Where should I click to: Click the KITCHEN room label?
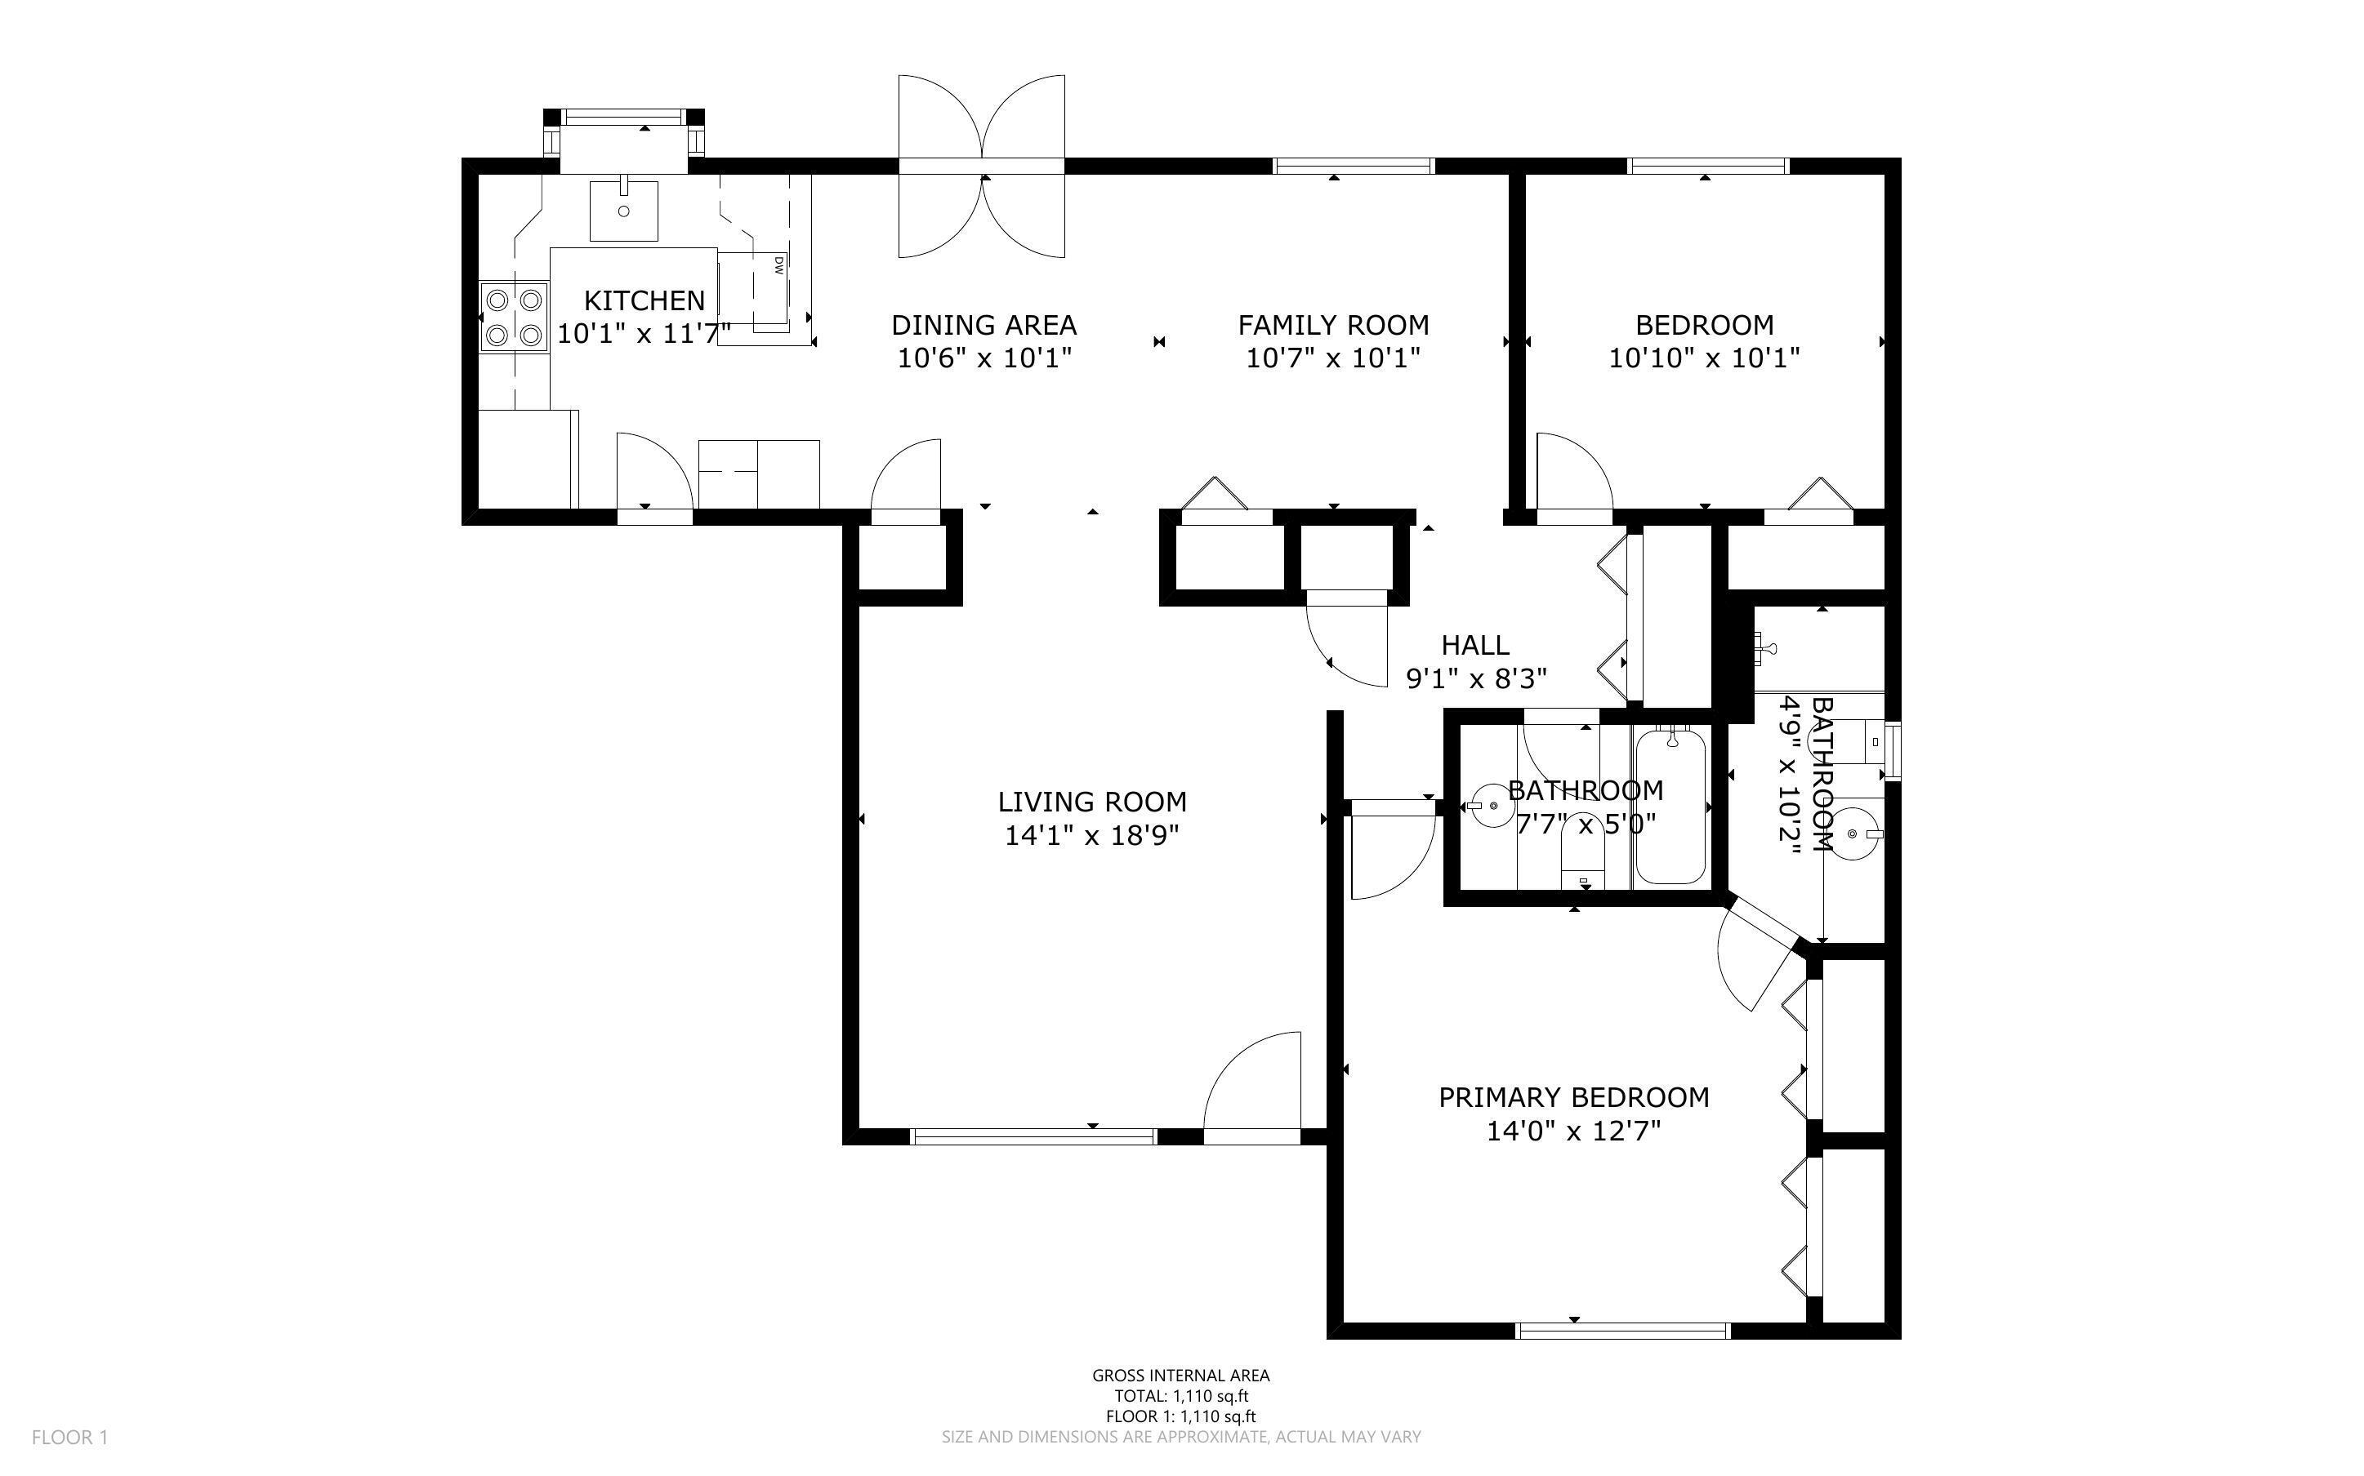pos(644,300)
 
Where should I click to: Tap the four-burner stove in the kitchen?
pos(514,316)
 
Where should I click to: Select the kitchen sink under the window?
pos(623,210)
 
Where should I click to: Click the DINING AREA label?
pos(984,325)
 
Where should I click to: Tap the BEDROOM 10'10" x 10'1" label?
pos(1704,340)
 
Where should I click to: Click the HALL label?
pos(1474,645)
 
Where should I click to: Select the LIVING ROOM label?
pos(1091,802)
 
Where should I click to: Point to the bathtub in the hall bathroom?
pos(1670,807)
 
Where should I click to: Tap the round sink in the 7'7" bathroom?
pos(1490,807)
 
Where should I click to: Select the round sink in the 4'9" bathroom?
pos(1853,834)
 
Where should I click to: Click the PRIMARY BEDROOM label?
pos(1573,1098)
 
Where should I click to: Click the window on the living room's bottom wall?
pos(1033,1136)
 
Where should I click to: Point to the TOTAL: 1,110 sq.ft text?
pos(1180,1396)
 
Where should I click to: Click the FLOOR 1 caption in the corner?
pos(70,1437)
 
